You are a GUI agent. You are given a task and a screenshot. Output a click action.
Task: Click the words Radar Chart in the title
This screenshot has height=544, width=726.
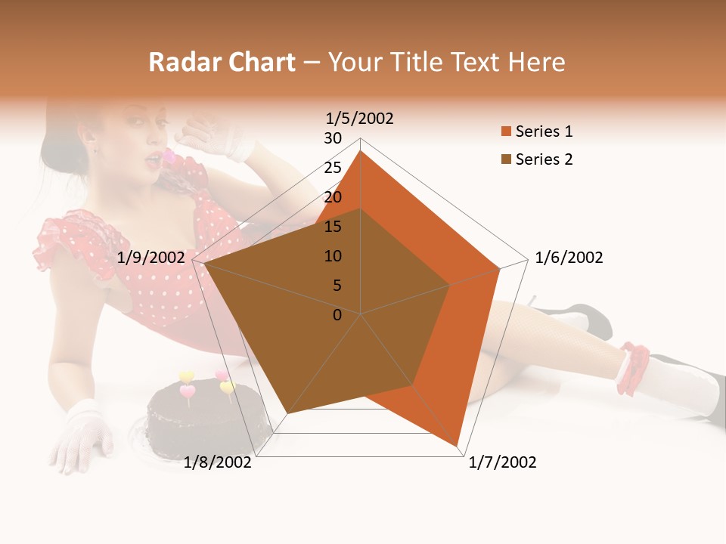222,62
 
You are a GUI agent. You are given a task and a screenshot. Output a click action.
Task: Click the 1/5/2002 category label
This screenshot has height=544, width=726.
359,119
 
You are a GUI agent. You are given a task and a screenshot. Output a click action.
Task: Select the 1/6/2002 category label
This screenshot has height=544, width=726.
569,258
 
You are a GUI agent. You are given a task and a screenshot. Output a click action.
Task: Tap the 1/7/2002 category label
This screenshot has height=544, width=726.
502,462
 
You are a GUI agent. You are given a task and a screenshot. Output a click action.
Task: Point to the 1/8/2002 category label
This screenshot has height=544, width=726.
217,462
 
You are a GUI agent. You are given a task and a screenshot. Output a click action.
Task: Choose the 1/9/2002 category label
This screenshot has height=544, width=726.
151,258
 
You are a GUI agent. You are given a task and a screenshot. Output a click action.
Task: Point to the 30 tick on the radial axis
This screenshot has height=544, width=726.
333,138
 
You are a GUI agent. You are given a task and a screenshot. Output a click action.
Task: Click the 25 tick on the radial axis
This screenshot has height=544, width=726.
333,168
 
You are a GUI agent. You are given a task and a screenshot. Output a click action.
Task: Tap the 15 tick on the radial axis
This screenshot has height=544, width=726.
333,227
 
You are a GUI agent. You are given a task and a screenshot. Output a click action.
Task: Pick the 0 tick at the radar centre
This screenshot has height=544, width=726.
337,315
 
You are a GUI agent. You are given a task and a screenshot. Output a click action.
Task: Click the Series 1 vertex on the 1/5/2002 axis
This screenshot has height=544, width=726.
361,150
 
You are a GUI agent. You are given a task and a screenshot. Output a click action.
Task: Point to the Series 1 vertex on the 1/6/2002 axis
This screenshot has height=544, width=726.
500,268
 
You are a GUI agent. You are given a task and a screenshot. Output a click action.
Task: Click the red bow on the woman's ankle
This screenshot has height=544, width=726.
633,368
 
